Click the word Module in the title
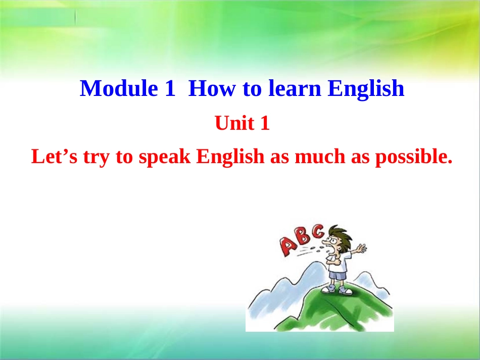point(119,88)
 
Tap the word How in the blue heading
point(212,88)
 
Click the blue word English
point(366,89)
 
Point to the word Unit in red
point(234,123)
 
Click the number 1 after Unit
point(265,123)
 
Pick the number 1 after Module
point(169,88)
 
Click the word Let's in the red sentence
point(55,157)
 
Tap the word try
point(96,158)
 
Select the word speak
point(164,157)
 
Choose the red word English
point(230,157)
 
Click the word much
point(320,157)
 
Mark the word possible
point(414,157)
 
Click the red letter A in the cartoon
point(288,246)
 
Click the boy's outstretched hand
point(361,248)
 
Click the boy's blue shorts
point(338,275)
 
